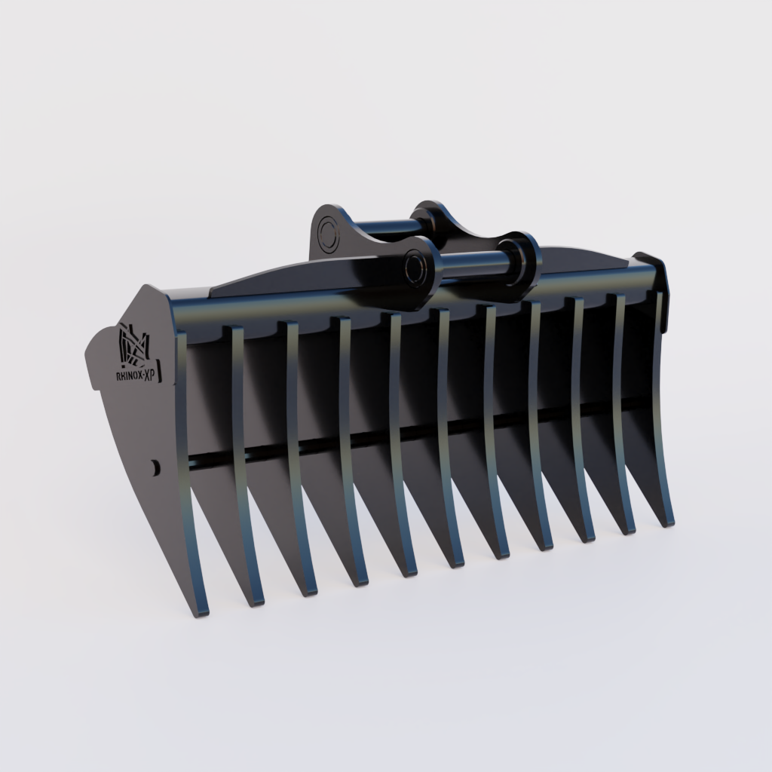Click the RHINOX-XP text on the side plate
point(135,375)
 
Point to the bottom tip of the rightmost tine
point(667,522)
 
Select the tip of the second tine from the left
point(256,600)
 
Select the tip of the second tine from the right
point(627,529)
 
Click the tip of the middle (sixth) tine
point(456,562)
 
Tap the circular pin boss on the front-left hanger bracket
point(415,268)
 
